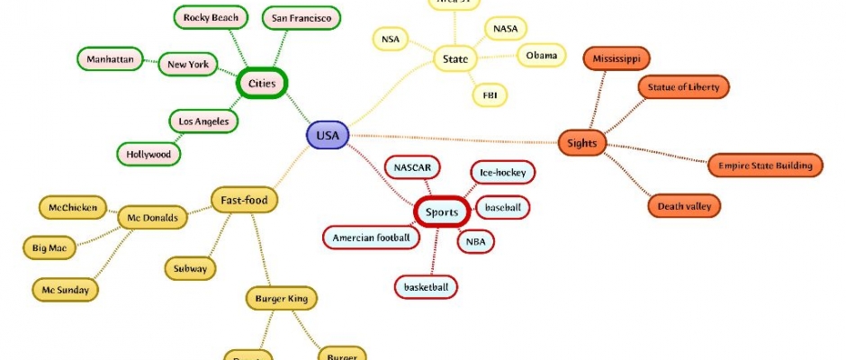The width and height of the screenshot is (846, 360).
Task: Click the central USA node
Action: pos(328,136)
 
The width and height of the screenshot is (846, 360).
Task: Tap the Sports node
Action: pos(442,212)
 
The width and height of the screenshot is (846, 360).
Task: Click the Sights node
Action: pos(582,142)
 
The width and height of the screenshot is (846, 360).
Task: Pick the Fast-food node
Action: pos(244,199)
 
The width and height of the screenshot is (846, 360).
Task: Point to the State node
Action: pos(456,60)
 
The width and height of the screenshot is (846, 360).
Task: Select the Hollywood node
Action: pos(148,154)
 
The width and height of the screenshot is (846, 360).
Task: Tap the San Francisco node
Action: pos(301,18)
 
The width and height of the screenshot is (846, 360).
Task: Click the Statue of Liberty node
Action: pos(683,87)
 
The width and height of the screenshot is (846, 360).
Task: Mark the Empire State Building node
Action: pos(765,166)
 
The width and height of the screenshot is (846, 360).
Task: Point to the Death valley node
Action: pos(685,206)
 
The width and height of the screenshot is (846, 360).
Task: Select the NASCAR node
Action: pos(413,167)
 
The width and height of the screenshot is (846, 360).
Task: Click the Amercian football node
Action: pos(371,238)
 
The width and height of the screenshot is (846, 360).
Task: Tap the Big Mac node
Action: pos(49,247)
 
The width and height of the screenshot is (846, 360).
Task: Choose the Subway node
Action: pos(191,268)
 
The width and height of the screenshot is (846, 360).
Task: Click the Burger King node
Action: pos(281,298)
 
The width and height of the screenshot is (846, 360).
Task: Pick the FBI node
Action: pos(490,94)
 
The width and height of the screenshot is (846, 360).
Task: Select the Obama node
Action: pos(541,56)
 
